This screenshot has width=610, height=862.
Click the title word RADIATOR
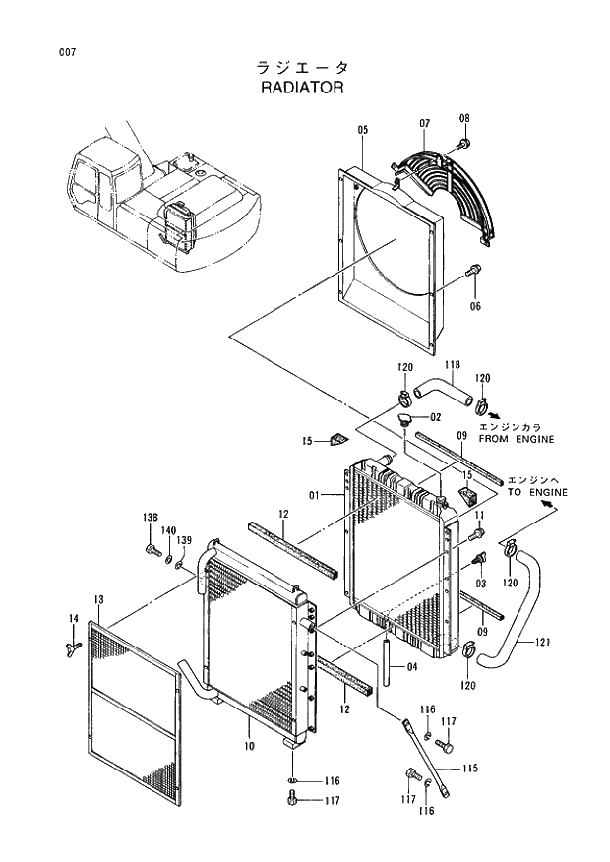(x=302, y=87)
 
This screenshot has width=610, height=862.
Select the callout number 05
(x=362, y=130)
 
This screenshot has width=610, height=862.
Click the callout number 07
(x=425, y=124)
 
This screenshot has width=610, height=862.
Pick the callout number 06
(x=475, y=306)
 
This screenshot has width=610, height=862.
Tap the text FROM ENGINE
(x=517, y=440)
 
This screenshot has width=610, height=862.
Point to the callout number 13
(x=99, y=599)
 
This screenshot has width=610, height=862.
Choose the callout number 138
(x=150, y=518)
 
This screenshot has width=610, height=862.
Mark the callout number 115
(x=470, y=768)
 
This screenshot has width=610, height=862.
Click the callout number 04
(x=411, y=666)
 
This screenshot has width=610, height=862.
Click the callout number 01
(x=317, y=495)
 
